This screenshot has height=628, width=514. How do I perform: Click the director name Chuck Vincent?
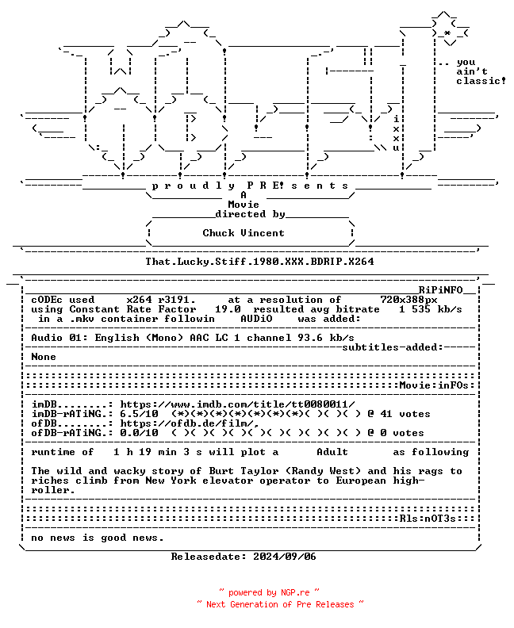coord(244,233)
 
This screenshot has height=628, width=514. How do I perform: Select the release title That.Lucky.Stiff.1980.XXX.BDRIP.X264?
coord(259,262)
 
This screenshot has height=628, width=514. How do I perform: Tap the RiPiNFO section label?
coord(441,290)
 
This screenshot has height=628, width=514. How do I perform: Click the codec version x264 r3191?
coord(161,300)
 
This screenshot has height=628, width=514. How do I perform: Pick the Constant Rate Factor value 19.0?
coord(228,309)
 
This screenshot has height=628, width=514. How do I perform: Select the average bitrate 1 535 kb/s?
coord(430,309)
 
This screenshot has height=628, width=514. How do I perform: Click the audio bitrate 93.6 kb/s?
coord(326,338)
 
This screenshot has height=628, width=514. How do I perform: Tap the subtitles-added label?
coord(392,347)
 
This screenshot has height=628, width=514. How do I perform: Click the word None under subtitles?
coord(44,357)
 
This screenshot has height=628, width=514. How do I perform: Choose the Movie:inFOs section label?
coord(434,385)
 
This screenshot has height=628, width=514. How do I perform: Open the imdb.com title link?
coord(237,404)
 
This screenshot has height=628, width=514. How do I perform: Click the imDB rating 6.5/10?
coord(139,414)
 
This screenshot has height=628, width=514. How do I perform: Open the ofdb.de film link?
coord(190,423)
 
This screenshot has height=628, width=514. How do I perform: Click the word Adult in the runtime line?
coord(332,452)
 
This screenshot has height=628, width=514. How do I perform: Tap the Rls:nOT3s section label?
coord(428,519)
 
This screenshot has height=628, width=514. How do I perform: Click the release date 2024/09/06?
coord(285,557)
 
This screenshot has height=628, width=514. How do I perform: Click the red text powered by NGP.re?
coord(269,593)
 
